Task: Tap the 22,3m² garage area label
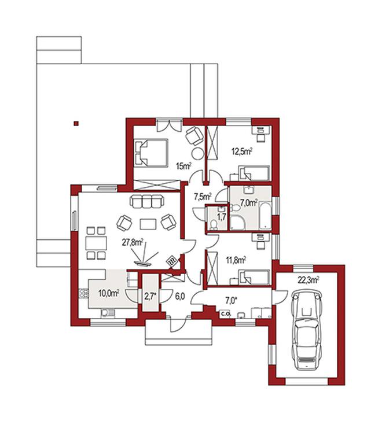click(x=308, y=280)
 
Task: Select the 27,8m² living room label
click(x=132, y=242)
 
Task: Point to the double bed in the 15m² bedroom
click(x=151, y=153)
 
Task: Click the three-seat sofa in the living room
click(x=147, y=201)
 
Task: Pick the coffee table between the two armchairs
click(x=148, y=224)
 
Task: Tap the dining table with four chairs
click(x=96, y=243)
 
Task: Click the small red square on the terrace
click(x=76, y=124)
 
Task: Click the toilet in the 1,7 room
click(x=214, y=225)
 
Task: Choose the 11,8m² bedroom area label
click(x=236, y=260)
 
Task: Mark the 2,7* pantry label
click(x=150, y=296)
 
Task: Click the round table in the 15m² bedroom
click(x=197, y=154)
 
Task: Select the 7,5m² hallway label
click(x=203, y=196)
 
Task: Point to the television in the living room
click(x=144, y=263)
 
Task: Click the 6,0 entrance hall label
click(x=180, y=296)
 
